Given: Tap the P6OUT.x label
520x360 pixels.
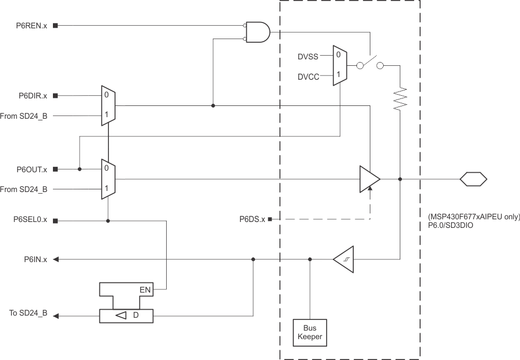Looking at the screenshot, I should tap(32, 170).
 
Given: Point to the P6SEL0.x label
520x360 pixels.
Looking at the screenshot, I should tap(30, 220).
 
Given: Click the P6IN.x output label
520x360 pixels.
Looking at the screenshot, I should tap(35, 259).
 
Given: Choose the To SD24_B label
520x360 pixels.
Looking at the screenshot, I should tap(28, 313).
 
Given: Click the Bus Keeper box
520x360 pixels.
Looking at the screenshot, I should tap(310, 332).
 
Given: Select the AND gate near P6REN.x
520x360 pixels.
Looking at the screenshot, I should tap(258, 32).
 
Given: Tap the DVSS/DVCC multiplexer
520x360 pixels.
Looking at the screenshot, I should tap(339, 65).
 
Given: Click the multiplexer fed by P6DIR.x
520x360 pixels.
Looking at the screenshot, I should tap(108, 105).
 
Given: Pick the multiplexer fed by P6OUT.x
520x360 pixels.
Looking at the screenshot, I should tap(108, 179).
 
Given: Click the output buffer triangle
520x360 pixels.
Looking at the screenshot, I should tap(369, 179).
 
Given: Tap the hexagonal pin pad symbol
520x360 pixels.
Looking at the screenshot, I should tap(474, 179).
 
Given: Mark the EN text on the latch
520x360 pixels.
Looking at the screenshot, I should tap(145, 290).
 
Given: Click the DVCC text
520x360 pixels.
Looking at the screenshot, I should tap(308, 77).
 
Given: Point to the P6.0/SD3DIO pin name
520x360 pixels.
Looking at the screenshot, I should tap(451, 226).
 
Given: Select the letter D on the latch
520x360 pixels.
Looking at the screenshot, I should tap(136, 316).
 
